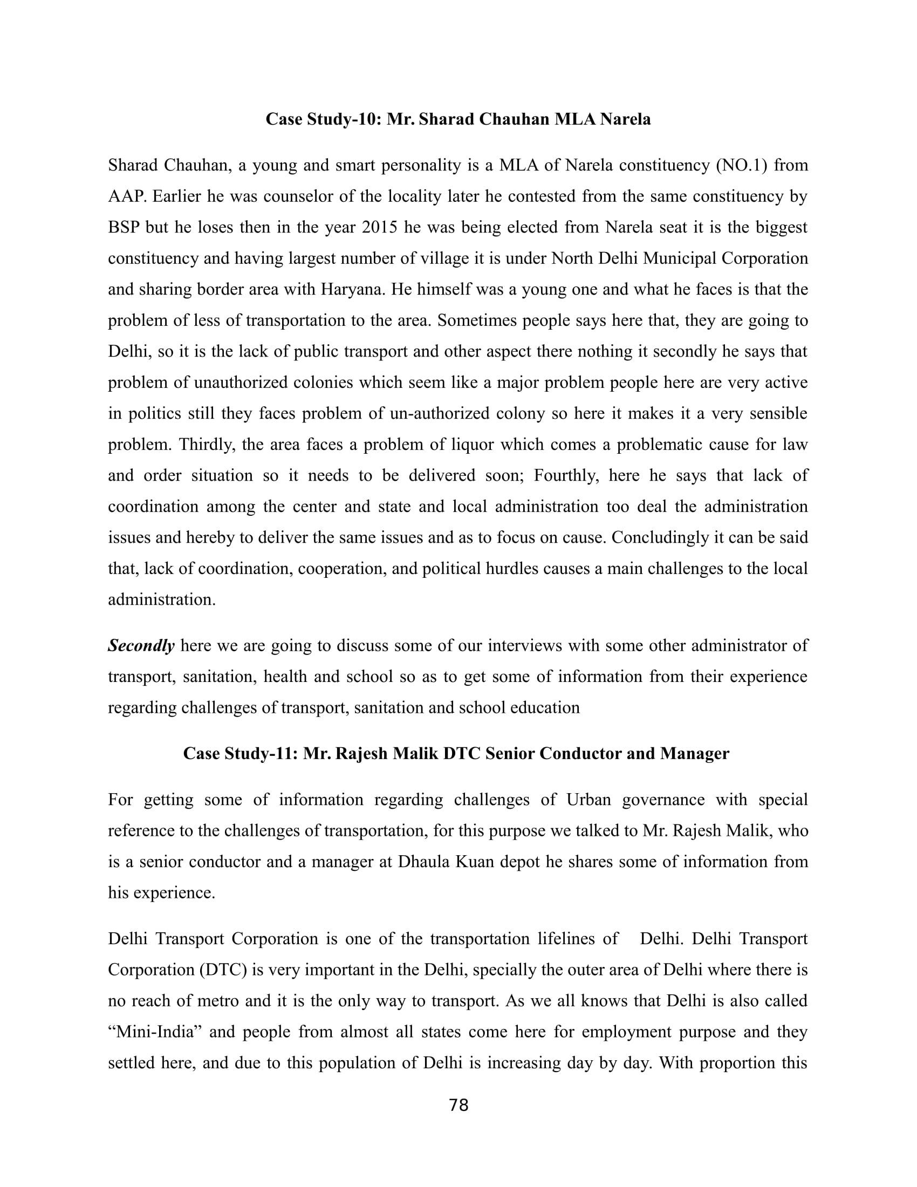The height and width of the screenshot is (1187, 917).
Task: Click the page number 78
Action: pyautogui.click(x=458, y=1105)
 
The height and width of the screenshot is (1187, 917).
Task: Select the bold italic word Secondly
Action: pyautogui.click(x=141, y=646)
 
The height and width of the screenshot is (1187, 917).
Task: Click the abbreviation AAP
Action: pyautogui.click(x=127, y=196)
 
